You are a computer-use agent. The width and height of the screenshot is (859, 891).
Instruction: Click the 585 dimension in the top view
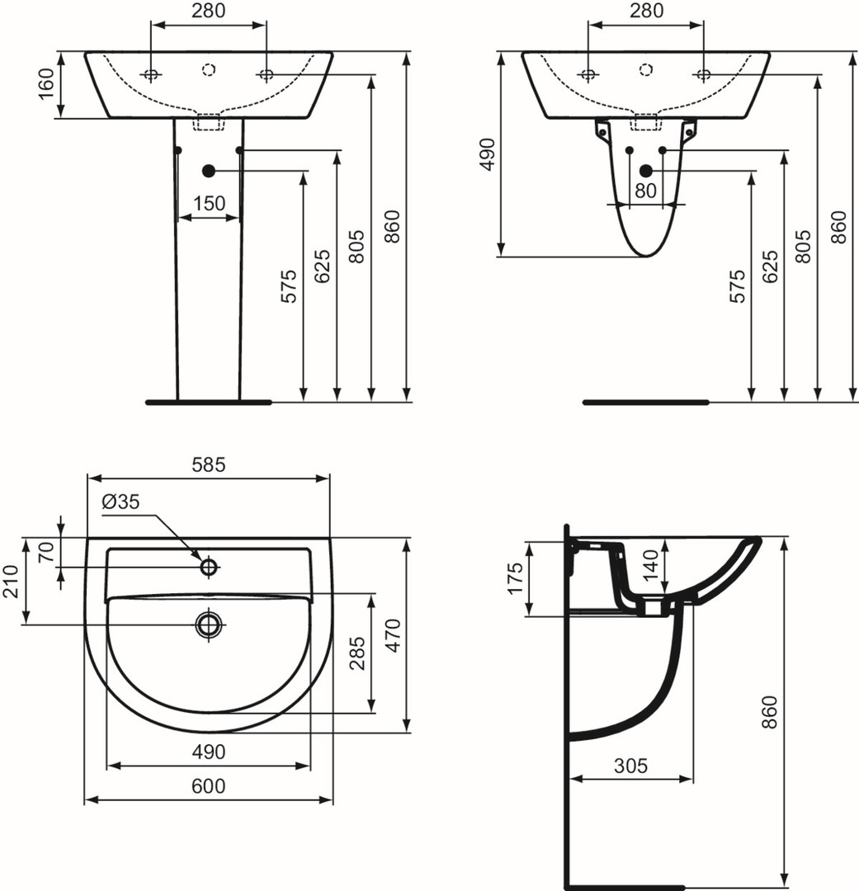(209, 464)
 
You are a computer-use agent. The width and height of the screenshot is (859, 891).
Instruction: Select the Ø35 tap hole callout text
(120, 502)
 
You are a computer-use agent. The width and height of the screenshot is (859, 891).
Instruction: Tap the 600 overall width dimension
(209, 786)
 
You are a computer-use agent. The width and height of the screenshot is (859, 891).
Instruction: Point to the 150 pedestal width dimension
(210, 203)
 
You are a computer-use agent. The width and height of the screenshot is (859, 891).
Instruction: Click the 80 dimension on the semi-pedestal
(646, 191)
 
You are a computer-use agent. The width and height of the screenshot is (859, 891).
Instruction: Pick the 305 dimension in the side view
(631, 766)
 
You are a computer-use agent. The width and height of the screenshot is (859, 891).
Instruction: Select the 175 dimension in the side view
(515, 578)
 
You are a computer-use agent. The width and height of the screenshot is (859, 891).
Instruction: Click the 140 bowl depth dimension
(651, 563)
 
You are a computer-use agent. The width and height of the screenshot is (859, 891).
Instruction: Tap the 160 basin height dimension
(46, 83)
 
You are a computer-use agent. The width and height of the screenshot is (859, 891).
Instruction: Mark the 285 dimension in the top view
(357, 653)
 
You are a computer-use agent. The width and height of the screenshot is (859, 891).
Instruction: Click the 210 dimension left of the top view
(12, 581)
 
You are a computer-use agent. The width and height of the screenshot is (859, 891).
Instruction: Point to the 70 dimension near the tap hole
(46, 552)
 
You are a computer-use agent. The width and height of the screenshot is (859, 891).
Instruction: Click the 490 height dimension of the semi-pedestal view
(488, 154)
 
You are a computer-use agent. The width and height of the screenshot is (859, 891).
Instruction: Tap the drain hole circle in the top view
(209, 624)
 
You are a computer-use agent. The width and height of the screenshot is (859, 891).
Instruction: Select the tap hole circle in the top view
(209, 567)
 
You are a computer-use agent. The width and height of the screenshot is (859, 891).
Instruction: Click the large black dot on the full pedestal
(209, 171)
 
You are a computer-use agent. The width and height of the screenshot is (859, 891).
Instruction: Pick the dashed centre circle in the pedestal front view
(209, 69)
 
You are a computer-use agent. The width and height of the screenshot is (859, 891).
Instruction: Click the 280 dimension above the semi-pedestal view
(646, 10)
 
